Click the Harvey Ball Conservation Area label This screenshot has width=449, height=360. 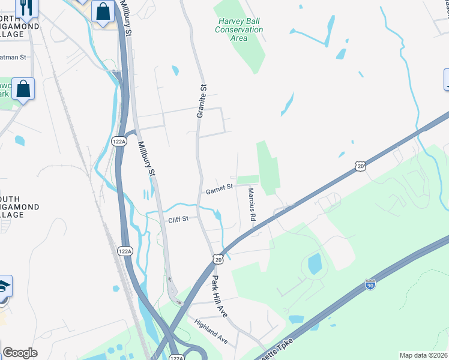pyautogui.click(x=239, y=29)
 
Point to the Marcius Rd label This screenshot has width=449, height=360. pyautogui.click(x=253, y=203)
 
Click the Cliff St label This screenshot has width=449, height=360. pyautogui.click(x=178, y=219)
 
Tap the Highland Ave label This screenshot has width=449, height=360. pyautogui.click(x=211, y=331)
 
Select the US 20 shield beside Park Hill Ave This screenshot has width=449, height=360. pyautogui.click(x=218, y=258)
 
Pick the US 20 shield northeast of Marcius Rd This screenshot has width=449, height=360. pyautogui.click(x=360, y=166)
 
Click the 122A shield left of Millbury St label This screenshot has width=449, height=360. pyautogui.click(x=119, y=142)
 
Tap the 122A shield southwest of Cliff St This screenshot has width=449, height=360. pyautogui.click(x=124, y=251)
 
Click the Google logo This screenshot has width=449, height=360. pyautogui.click(x=20, y=353)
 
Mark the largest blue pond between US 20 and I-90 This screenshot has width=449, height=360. pyautogui.click(x=314, y=263)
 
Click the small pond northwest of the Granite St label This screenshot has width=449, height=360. pyautogui.click(x=175, y=71)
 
